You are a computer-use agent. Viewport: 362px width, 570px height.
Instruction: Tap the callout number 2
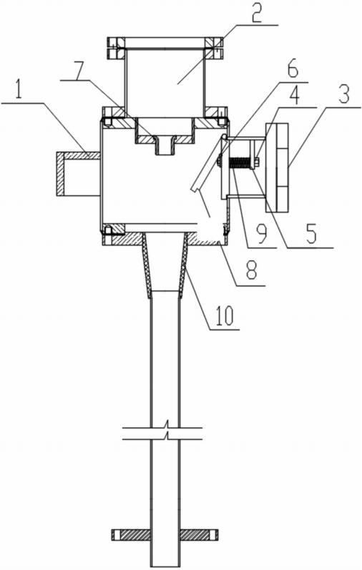point(257,12)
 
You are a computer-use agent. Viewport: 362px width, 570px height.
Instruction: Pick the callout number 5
point(310,235)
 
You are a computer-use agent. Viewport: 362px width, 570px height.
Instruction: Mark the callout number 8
point(250,269)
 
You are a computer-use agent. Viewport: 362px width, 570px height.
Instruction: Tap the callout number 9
point(261,235)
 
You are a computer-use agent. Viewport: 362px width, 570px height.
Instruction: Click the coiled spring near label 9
point(242,162)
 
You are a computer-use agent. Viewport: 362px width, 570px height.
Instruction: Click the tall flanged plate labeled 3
point(278,167)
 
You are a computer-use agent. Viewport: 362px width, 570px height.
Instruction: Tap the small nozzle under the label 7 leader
point(165,145)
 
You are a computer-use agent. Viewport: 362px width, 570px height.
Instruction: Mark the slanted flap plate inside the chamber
point(207,163)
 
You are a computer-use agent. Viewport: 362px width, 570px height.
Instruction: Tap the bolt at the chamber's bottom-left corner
point(108,230)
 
